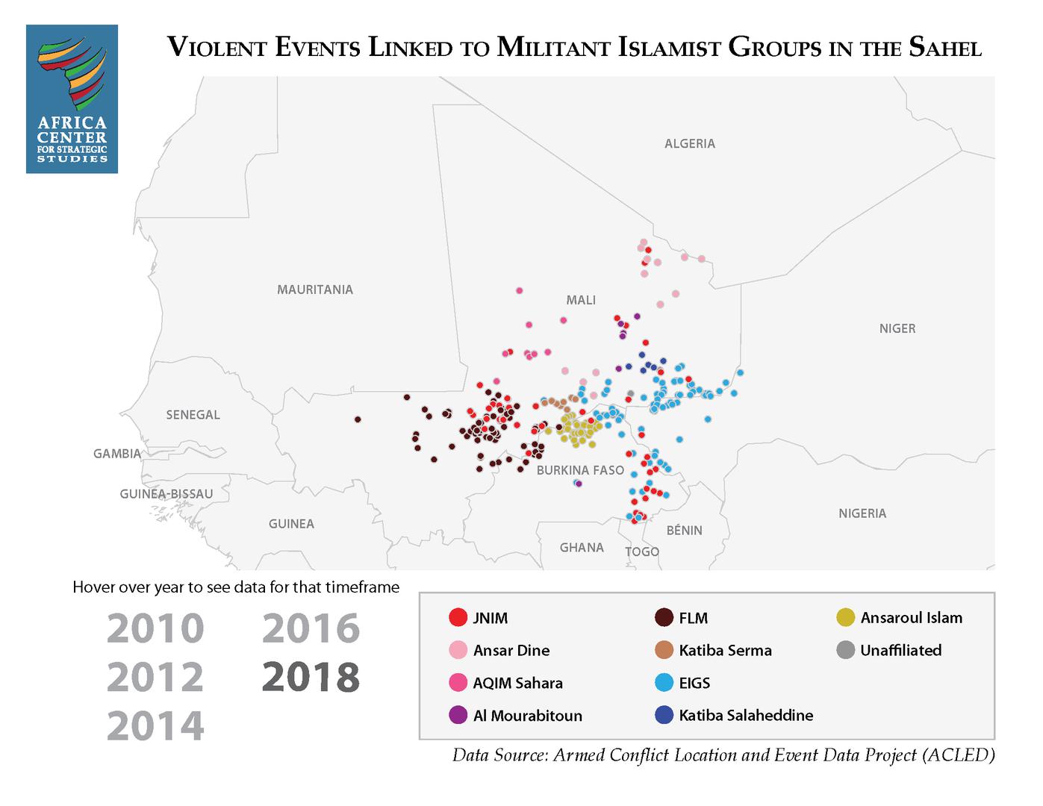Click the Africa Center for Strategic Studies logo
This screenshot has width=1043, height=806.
pyautogui.click(x=72, y=99)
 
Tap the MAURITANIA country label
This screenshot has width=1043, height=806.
pyautogui.click(x=314, y=290)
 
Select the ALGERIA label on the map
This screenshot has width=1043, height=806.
pyautogui.click(x=689, y=143)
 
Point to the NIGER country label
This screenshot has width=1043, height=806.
pyautogui.click(x=897, y=328)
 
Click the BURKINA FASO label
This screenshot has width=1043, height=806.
pyautogui.click(x=580, y=470)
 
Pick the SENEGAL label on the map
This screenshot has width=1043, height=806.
pyautogui.click(x=193, y=415)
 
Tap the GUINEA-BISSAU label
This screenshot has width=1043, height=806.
pyautogui.click(x=166, y=494)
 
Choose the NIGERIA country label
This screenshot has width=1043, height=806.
pyautogui.click(x=862, y=513)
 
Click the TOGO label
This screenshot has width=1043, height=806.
pyautogui.click(x=641, y=552)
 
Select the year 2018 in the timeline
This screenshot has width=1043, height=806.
pyautogui.click(x=311, y=677)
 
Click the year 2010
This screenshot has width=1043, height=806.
pyautogui.click(x=155, y=628)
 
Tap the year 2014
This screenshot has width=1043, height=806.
pyautogui.click(x=155, y=726)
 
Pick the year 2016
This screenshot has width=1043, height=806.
pyautogui.click(x=311, y=628)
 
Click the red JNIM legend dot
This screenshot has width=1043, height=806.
pyautogui.click(x=458, y=618)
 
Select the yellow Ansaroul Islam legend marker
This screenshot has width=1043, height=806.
pyautogui.click(x=845, y=618)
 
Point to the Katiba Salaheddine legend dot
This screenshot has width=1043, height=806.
pyautogui.click(x=664, y=716)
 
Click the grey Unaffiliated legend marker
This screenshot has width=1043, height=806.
pyautogui.click(x=845, y=651)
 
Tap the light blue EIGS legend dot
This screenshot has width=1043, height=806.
pyautogui.click(x=664, y=683)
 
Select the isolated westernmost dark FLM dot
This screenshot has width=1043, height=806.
pyautogui.click(x=358, y=419)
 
